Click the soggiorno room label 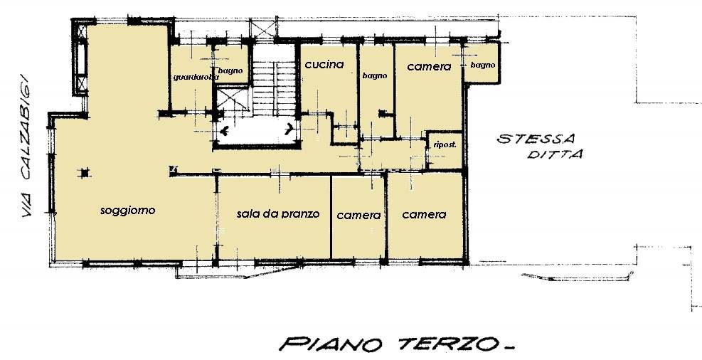click(127, 210)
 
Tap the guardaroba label click(189, 77)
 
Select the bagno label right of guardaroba click(230, 70)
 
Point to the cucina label click(324, 64)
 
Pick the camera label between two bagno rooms click(429, 66)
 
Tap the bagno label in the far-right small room click(482, 65)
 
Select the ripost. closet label click(445, 144)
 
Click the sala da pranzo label click(277, 213)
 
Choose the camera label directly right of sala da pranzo click(358, 215)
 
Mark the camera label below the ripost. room click(424, 214)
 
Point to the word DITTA click(554, 154)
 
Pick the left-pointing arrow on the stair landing click(225, 130)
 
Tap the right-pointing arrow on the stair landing click(290, 129)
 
